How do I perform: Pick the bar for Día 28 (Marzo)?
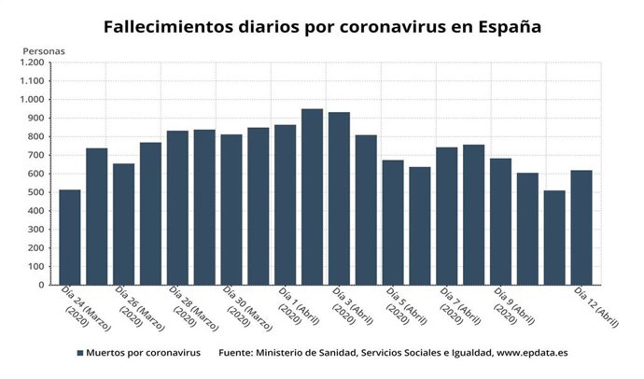pyautogui.click(x=177, y=207)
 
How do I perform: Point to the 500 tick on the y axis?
pyautogui.click(x=35, y=192)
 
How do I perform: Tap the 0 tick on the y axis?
pyautogui.click(x=41, y=285)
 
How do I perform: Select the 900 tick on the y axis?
pyautogui.click(x=35, y=119)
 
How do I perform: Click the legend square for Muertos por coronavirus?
pyautogui.click(x=80, y=354)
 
